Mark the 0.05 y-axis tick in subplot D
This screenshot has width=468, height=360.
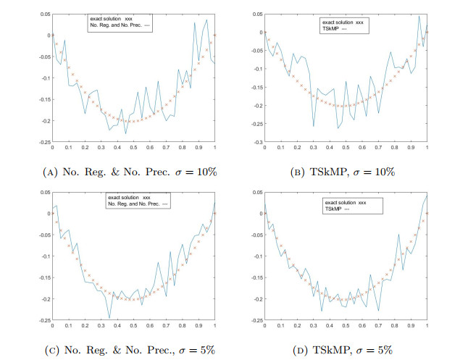click(255, 192)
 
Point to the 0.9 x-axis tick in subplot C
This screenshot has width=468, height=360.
click(199, 326)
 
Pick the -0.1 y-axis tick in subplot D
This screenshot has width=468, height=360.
click(255, 256)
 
